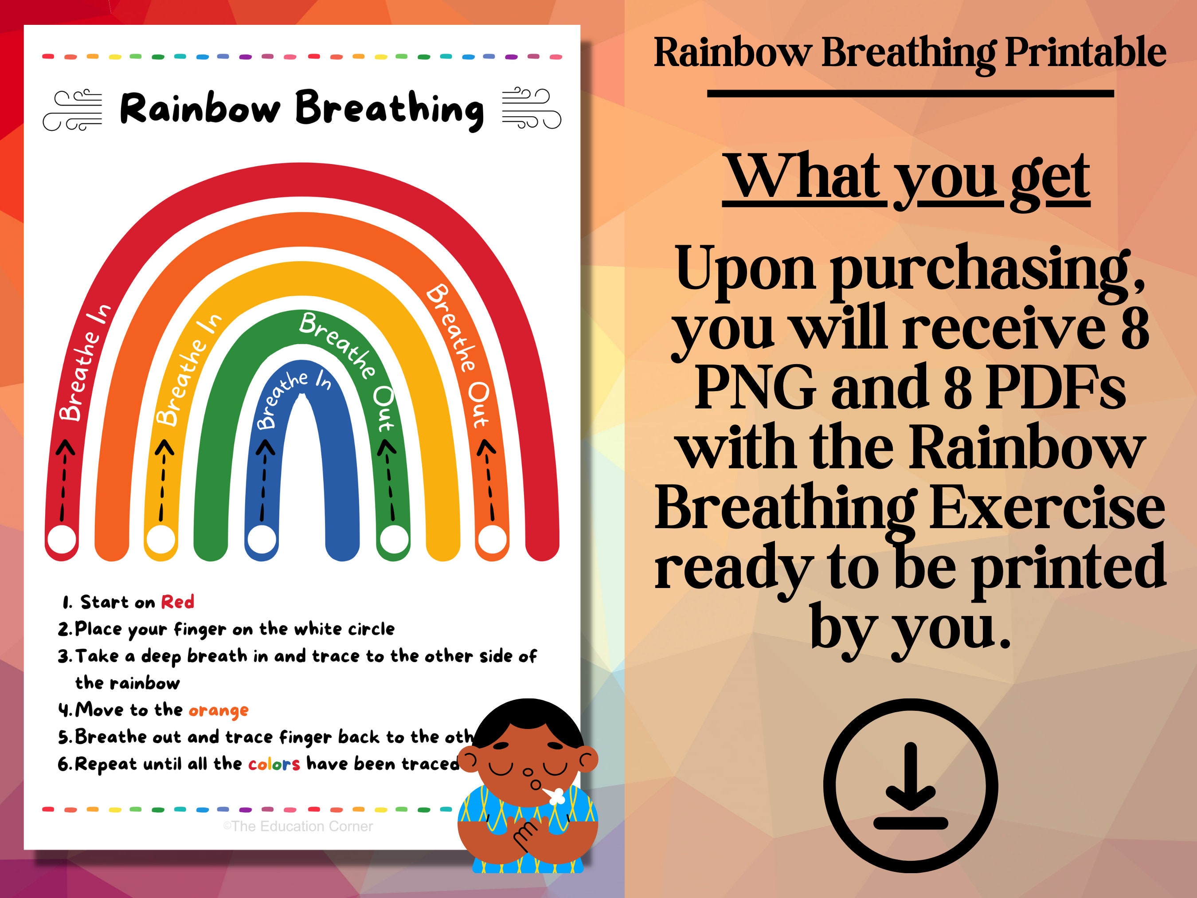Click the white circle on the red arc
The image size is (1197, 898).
click(x=62, y=540)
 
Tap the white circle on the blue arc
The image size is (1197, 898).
click(x=262, y=539)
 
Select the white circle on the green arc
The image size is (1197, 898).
click(x=393, y=539)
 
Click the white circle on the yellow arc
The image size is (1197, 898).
click(x=161, y=539)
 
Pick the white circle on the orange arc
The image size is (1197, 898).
click(x=493, y=539)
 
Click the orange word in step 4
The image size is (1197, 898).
click(x=219, y=710)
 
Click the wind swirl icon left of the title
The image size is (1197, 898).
click(x=73, y=110)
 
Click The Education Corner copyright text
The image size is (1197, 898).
click(x=298, y=827)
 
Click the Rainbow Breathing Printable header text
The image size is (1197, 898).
click(x=910, y=53)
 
